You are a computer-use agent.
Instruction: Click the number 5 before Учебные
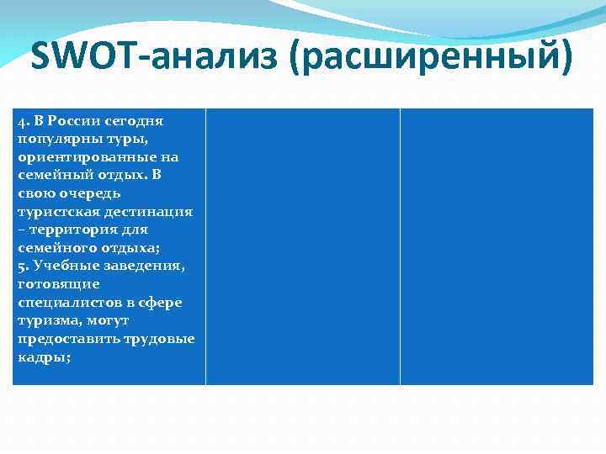tap(20, 266)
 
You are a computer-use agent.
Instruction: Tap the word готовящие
tap(58, 284)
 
